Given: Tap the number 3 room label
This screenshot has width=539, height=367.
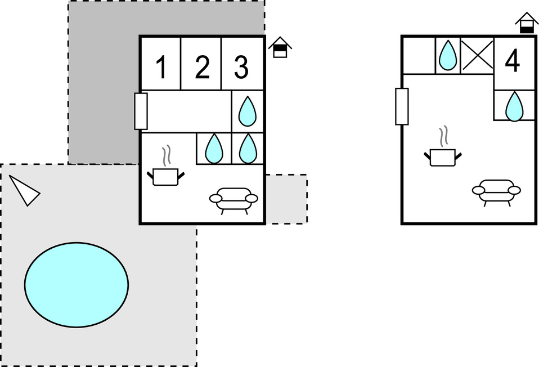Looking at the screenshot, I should click(241, 68).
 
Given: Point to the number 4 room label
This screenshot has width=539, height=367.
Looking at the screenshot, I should click(513, 61).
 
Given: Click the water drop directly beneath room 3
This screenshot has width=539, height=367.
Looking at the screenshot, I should click(248, 111).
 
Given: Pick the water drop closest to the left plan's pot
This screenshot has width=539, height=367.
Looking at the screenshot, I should click(214, 149).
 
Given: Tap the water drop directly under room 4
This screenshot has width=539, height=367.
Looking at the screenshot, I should click(514, 106).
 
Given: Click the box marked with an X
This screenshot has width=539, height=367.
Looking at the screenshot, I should click(477, 56).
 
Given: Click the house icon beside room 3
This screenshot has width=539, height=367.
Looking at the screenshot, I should click(280, 48).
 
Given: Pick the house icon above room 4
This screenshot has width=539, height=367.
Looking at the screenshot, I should click(527, 23).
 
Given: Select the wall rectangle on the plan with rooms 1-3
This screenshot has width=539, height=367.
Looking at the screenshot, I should click(141, 111).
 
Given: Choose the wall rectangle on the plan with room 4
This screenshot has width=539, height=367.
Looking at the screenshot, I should click(402, 106).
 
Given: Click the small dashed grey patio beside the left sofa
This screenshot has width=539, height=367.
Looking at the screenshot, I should click(286, 199).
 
